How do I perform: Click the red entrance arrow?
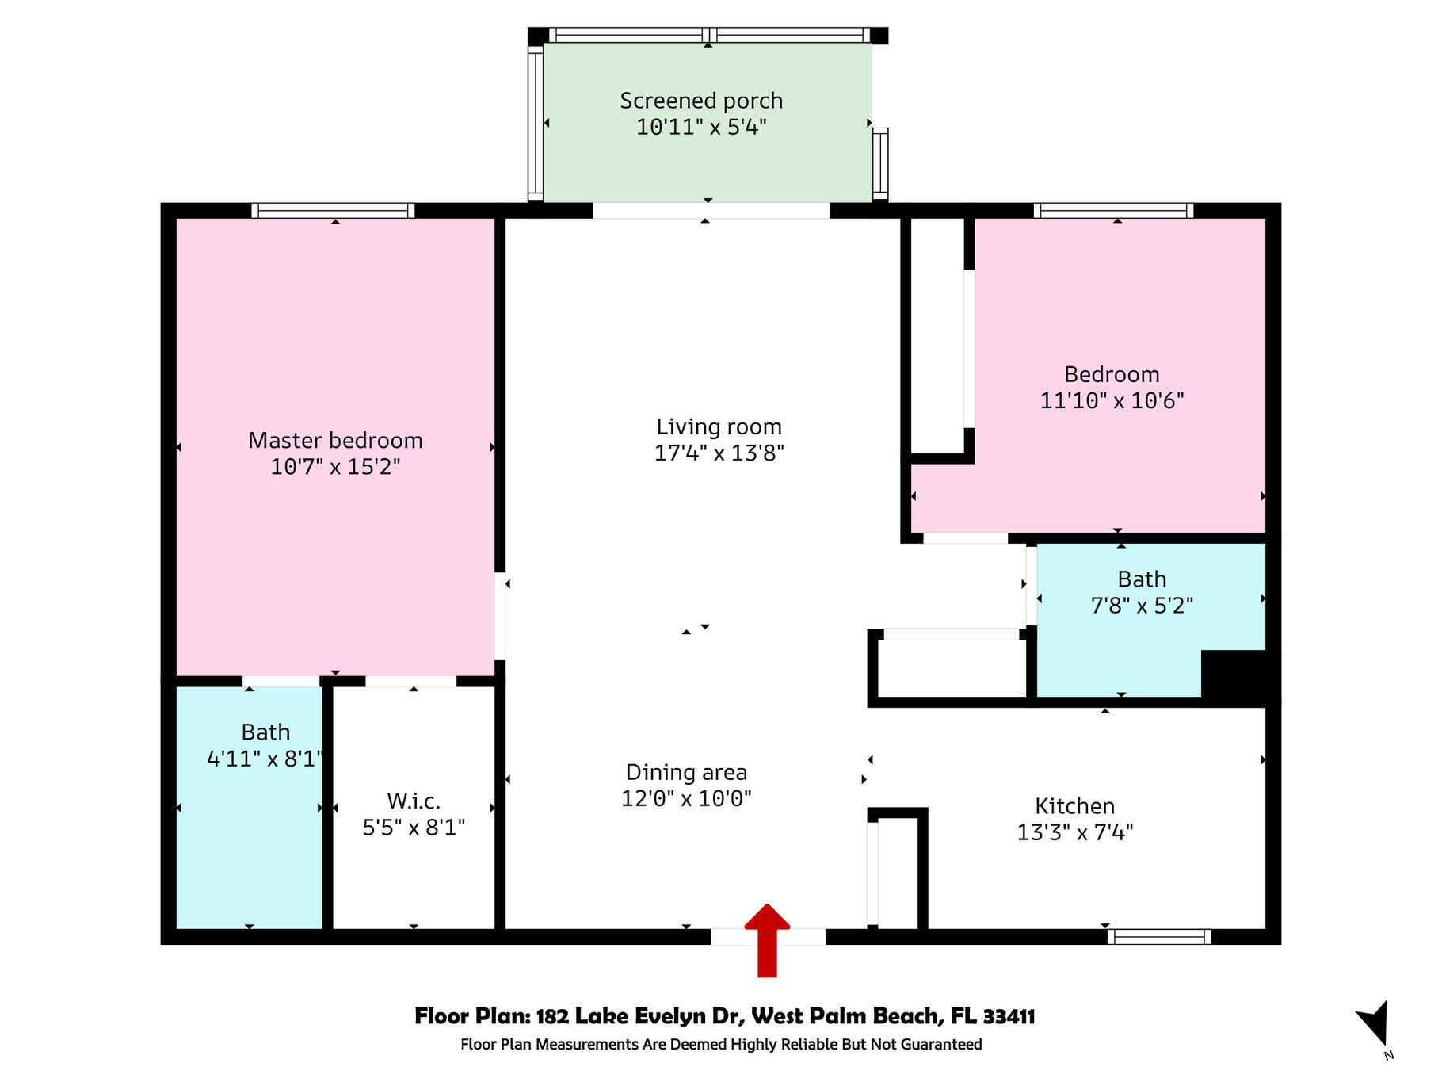767,940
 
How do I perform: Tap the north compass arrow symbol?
1375,1023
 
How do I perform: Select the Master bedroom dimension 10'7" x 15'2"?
335,466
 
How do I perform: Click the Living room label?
719,426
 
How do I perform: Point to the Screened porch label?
701,101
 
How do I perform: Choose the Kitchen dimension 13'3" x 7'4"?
1075,832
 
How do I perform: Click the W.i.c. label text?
414,801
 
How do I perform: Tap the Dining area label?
686,772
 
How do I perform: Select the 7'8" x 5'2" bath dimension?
1142,606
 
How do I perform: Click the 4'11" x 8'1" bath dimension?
265,759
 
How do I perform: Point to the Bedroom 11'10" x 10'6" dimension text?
1112,400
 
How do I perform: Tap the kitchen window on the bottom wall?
1159,936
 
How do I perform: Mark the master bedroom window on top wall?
333,210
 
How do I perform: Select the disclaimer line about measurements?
721,1044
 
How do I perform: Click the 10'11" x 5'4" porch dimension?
701,127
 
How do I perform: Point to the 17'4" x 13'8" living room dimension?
719,453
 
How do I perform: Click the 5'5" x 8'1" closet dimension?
414,828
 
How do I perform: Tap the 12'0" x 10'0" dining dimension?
686,798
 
